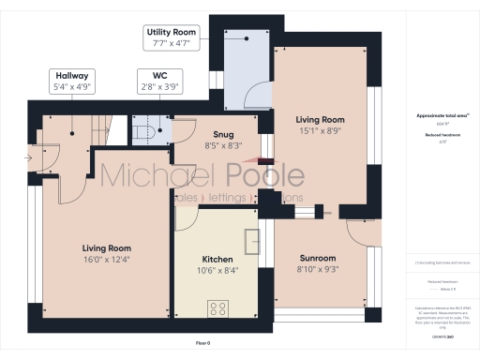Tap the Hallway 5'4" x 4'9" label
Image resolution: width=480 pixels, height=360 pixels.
pos(71,81)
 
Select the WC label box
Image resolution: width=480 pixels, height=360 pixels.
pos(157,81)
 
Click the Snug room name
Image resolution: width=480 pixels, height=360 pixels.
pos(222,134)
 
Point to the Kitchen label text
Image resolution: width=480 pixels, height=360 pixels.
pos(218,260)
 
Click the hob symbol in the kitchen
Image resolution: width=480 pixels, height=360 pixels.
pos(219,307)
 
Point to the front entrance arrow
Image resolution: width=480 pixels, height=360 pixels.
pos(33,157)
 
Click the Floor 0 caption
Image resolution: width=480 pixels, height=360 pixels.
pos(202,343)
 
